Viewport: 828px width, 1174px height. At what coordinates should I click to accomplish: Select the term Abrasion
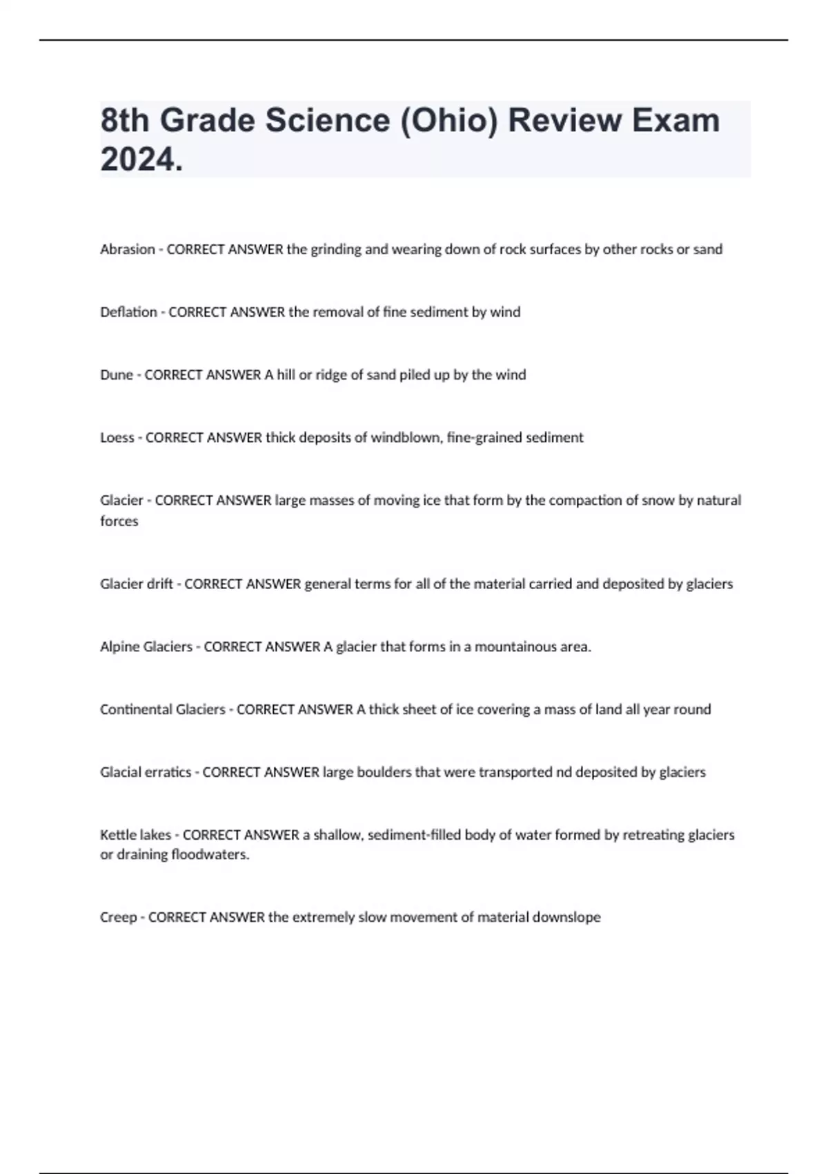coord(128,249)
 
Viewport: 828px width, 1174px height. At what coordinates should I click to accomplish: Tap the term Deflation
coord(128,312)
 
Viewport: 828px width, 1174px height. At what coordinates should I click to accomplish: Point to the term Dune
coord(116,375)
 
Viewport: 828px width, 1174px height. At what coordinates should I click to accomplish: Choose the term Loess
coord(117,438)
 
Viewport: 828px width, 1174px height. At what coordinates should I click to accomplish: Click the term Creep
coord(119,918)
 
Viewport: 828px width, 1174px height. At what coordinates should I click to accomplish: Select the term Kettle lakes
coord(135,835)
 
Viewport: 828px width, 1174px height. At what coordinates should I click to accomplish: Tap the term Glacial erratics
coord(146,772)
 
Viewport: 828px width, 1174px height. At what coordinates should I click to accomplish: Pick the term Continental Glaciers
coord(163,709)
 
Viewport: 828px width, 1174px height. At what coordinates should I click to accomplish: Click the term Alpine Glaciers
coord(146,647)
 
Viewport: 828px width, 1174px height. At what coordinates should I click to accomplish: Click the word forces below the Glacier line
coord(119,521)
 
